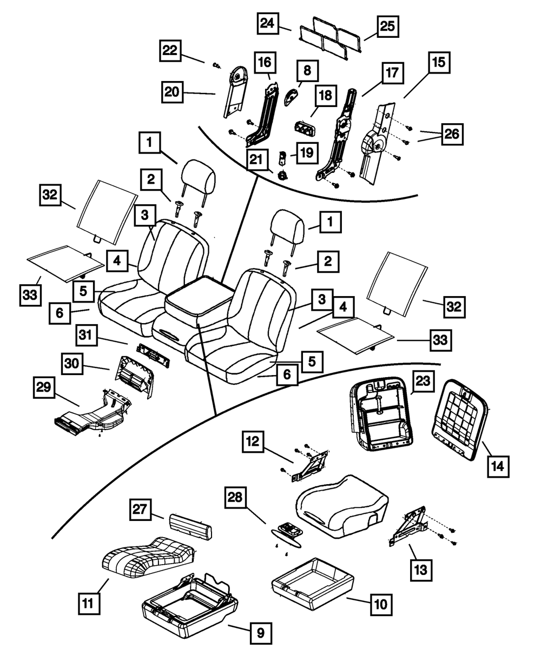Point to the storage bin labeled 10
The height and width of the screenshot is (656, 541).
[x=313, y=578]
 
